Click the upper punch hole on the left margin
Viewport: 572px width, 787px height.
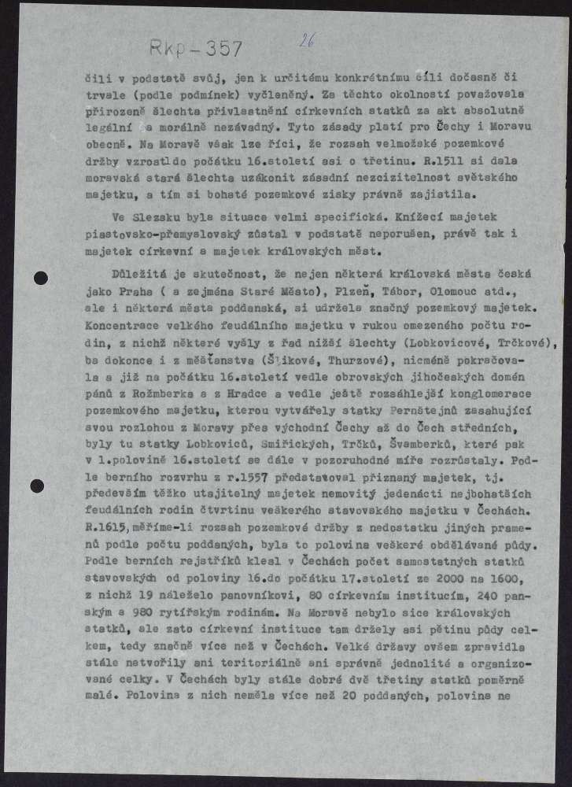pyautogui.click(x=41, y=277)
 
